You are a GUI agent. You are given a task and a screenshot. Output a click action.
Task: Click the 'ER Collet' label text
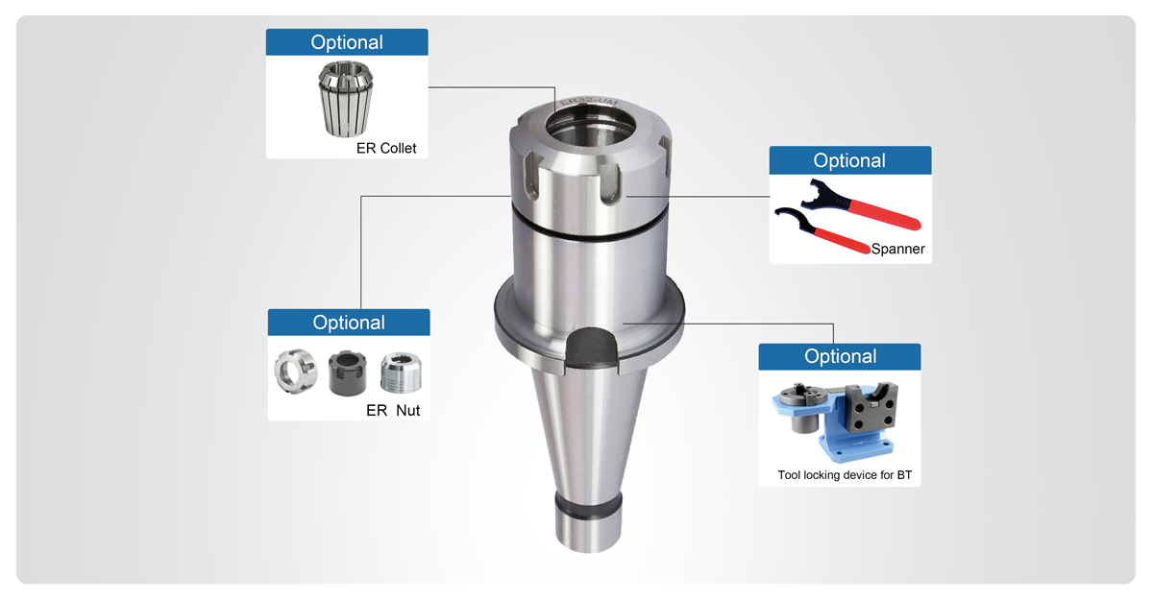coord(386,148)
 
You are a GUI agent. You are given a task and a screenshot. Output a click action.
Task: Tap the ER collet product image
coord(343,99)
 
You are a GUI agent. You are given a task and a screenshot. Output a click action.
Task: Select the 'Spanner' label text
coord(897,249)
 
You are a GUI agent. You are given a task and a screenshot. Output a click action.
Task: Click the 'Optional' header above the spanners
coord(849,160)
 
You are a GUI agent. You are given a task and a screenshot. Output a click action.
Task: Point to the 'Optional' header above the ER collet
coord(347,42)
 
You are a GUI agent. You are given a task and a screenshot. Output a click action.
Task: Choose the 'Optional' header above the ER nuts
coord(349,323)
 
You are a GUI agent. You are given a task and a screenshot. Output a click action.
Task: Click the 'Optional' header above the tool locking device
coord(840,356)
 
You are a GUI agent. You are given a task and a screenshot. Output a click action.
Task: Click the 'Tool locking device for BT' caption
coord(839,475)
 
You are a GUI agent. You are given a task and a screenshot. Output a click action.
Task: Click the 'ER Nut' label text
coord(393,410)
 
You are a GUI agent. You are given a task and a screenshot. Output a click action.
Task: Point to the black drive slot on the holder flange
coord(589,348)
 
